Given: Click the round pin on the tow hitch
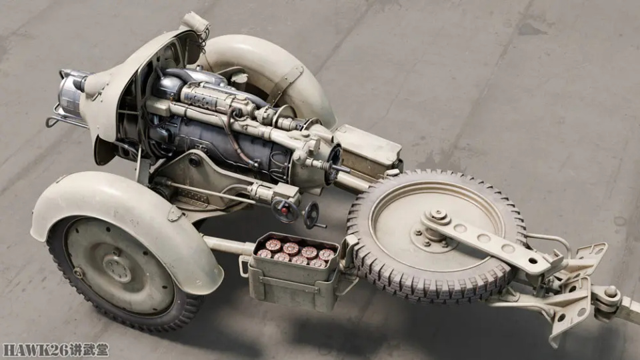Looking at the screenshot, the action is tap(611, 292).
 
